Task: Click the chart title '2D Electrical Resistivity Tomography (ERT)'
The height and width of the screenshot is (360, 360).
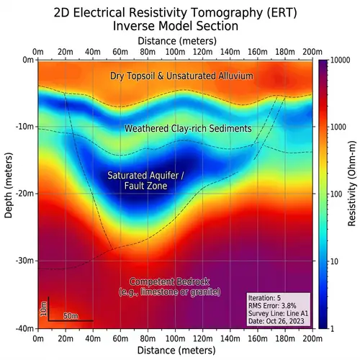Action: point(180,12)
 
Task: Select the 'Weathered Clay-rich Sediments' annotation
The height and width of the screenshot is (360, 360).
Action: point(188,129)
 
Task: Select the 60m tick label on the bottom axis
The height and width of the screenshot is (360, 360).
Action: point(120,337)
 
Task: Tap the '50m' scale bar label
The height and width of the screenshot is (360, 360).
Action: point(71,315)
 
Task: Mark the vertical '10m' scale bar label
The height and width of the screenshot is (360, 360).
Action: point(43,309)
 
